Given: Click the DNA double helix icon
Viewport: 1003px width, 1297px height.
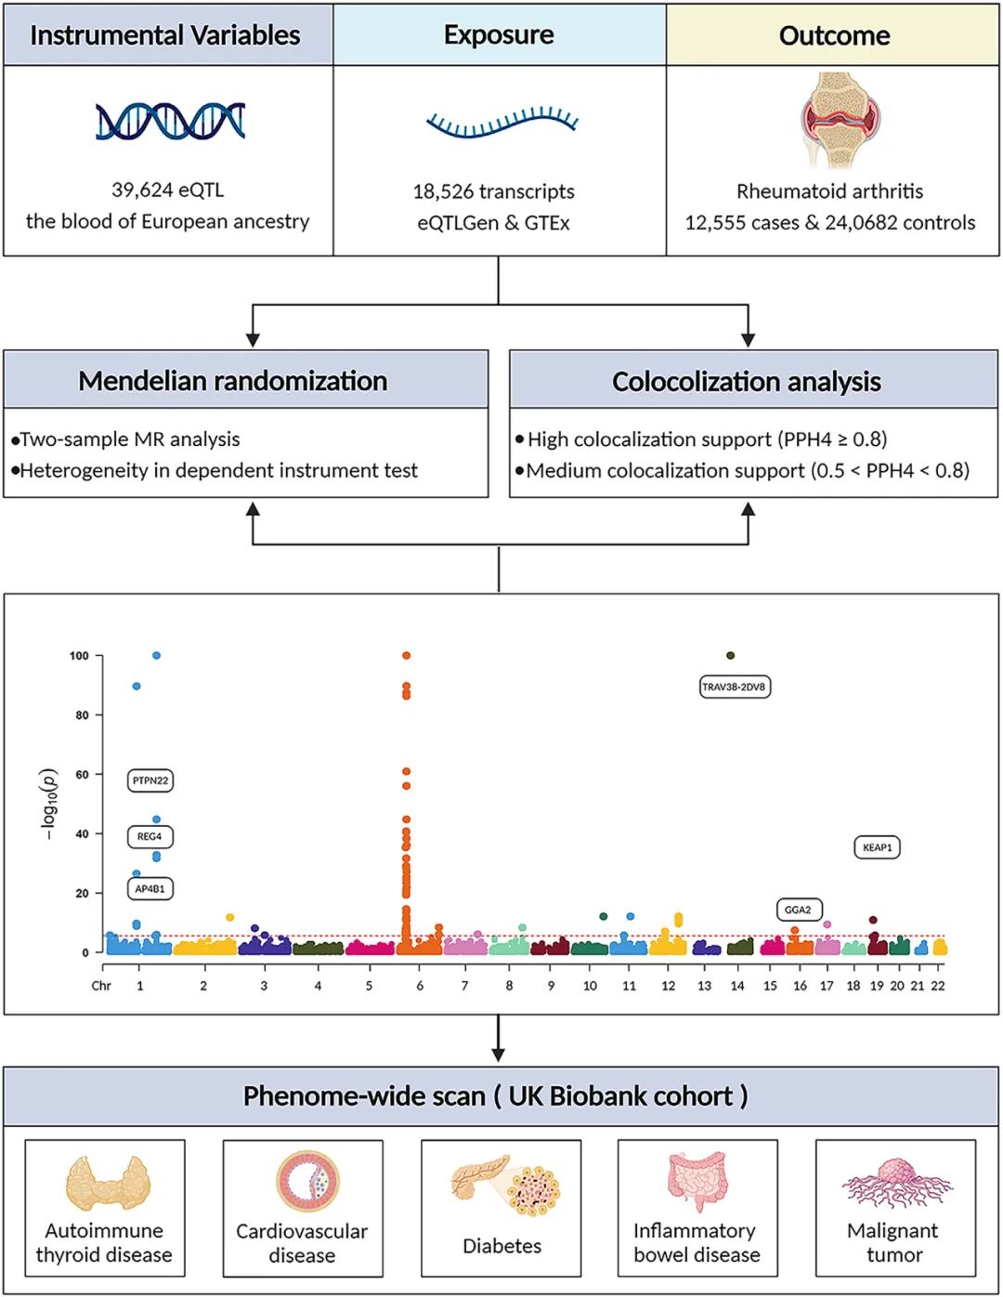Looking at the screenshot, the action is (171, 121).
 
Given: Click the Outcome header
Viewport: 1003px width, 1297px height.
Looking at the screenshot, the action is (834, 35).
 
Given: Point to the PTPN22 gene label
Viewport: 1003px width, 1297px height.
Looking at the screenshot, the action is (150, 780).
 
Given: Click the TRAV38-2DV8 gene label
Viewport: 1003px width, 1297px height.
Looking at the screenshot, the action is (734, 687).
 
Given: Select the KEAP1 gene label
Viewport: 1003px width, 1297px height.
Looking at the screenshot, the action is (877, 847).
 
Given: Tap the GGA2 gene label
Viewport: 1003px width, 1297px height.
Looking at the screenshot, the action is (799, 910).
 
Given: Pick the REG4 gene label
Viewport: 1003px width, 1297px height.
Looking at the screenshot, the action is (150, 836).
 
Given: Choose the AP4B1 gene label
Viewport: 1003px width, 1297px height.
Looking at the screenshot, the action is (150, 889).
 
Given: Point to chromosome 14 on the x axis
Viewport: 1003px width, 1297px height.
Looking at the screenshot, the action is (737, 986).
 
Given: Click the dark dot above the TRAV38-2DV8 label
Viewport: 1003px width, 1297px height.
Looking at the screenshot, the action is (730, 655).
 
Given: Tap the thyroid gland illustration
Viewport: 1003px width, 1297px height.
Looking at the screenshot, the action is (108, 1183).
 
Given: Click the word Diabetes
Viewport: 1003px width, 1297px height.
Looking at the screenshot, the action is (501, 1245).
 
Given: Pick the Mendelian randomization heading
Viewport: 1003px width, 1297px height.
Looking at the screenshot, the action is (233, 381).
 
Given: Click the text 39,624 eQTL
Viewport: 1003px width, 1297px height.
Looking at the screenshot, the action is (168, 190).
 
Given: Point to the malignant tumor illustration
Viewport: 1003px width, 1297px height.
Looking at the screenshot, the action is (897, 1183).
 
